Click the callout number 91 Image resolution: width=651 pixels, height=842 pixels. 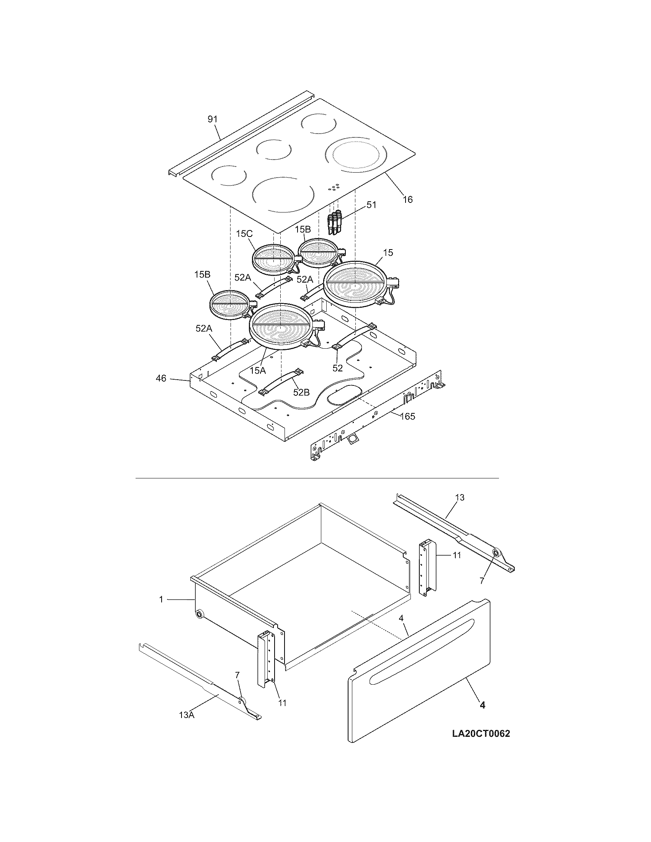coord(213,119)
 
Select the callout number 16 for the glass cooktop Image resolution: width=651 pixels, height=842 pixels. coord(408,199)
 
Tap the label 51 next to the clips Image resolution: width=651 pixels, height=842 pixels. coord(371,205)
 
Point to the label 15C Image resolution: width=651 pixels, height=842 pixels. coord(244,233)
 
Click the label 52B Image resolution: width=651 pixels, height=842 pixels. coord(301,392)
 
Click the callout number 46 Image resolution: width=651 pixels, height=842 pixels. coord(161,378)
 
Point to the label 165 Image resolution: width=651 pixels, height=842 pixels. coord(407,416)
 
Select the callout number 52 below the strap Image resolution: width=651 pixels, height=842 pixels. coord(337,368)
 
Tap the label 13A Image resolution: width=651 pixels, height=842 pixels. coord(186,715)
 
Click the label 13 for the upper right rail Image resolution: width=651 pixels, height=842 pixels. coord(459,497)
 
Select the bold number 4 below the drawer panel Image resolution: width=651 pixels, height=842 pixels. coord(482,705)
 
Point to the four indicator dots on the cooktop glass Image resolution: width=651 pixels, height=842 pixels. coord(334,188)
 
